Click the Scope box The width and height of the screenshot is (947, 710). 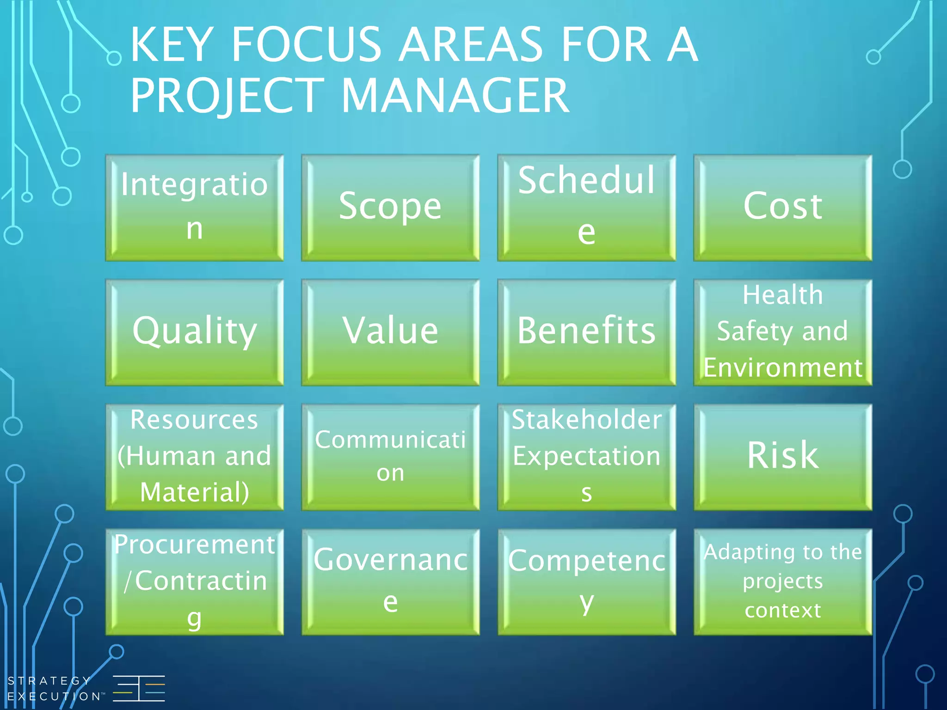point(390,208)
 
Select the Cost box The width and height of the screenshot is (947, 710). point(782,208)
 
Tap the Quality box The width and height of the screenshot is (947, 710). point(194,332)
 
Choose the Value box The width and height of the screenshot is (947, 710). point(390,332)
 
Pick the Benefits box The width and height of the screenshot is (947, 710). point(586,332)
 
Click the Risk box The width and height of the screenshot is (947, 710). point(782,457)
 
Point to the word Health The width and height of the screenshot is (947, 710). point(782,295)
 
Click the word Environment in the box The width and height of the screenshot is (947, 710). point(782,368)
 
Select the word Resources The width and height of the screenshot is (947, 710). point(194,420)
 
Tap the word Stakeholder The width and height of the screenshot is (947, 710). point(586,420)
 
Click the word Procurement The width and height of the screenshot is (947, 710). point(194,545)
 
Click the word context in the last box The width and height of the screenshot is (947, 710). point(782,610)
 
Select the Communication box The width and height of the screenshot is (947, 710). point(390,457)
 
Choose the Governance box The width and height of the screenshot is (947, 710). point(390,581)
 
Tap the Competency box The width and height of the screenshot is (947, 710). point(586,581)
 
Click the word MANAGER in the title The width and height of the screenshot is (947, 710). point(455,96)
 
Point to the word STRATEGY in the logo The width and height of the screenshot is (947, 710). point(49,680)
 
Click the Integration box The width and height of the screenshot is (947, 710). point(194,208)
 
